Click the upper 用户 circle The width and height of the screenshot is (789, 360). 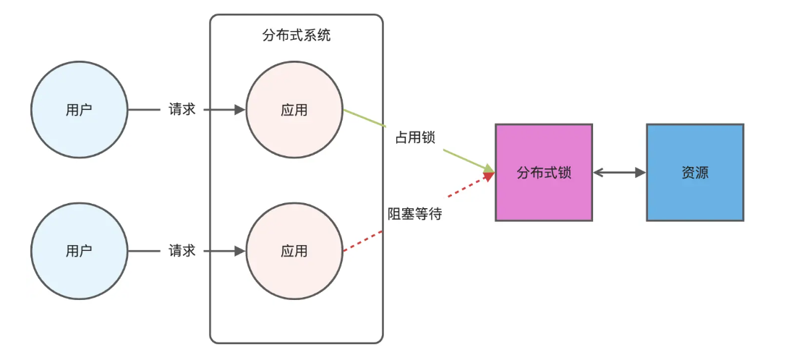(x=80, y=110)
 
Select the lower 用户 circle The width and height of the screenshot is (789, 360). (x=80, y=251)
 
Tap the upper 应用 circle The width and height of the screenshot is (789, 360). (x=294, y=110)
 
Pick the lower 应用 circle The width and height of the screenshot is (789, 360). (x=294, y=251)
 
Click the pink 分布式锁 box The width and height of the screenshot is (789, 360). (x=543, y=172)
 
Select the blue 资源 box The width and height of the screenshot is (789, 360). (x=695, y=172)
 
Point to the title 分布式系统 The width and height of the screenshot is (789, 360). (x=297, y=35)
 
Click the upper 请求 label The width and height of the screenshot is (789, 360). (x=182, y=110)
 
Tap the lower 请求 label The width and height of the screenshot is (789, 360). (x=182, y=251)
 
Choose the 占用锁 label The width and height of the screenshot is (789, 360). (x=415, y=137)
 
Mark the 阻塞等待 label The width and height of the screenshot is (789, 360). (x=415, y=214)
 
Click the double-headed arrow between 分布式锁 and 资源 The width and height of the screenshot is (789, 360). (x=619, y=173)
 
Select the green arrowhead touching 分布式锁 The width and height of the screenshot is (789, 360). (x=490, y=171)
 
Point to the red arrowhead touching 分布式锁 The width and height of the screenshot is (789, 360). (x=490, y=177)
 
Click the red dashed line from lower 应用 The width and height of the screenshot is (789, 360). (x=362, y=241)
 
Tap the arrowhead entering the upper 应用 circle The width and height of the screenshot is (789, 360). (x=240, y=110)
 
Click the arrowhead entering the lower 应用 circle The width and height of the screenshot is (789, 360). (x=240, y=251)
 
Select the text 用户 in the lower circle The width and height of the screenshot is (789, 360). (x=80, y=251)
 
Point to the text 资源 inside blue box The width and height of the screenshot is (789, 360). (x=695, y=173)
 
